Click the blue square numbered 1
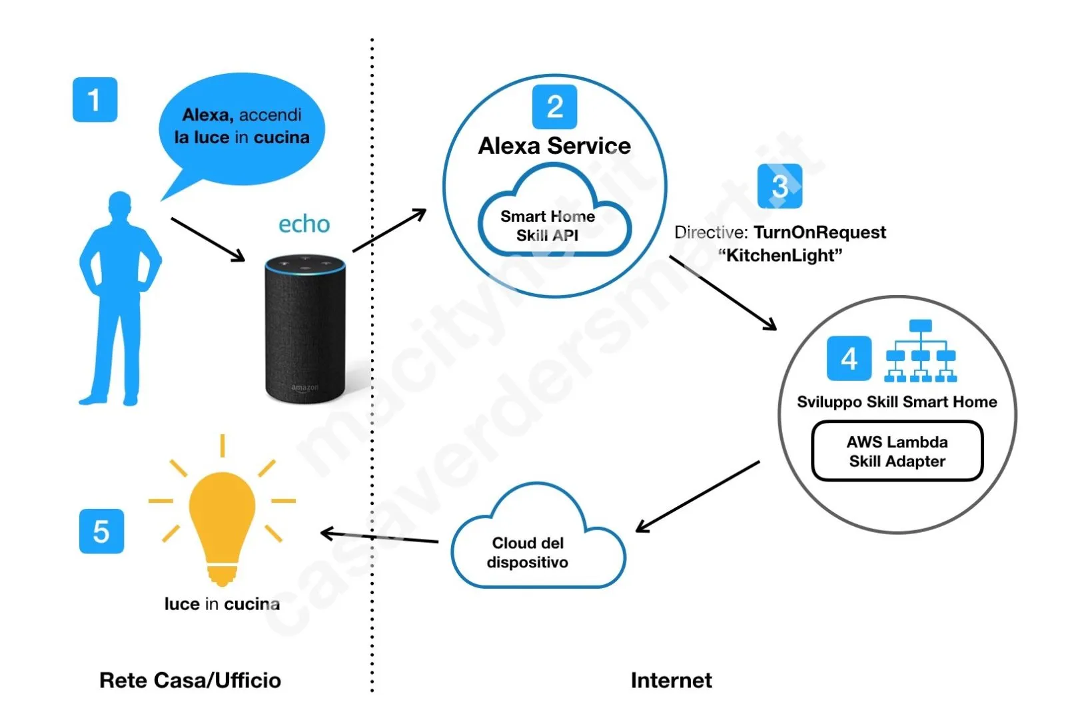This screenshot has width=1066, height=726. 95,100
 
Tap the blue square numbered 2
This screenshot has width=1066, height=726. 554,107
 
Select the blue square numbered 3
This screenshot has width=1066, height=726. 780,186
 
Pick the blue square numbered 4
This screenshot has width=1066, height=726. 848,359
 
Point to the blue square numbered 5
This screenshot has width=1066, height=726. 101,532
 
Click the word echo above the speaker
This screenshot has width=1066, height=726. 304,224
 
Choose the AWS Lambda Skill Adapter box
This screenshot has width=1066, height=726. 897,451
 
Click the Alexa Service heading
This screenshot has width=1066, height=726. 554,146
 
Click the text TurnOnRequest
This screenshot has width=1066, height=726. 819,232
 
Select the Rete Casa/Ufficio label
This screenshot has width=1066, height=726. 190,680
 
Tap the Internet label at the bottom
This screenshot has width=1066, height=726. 671,680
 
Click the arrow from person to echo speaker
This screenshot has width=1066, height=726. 208,239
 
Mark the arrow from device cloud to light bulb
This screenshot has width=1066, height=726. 380,537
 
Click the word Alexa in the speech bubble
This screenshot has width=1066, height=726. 207,115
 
